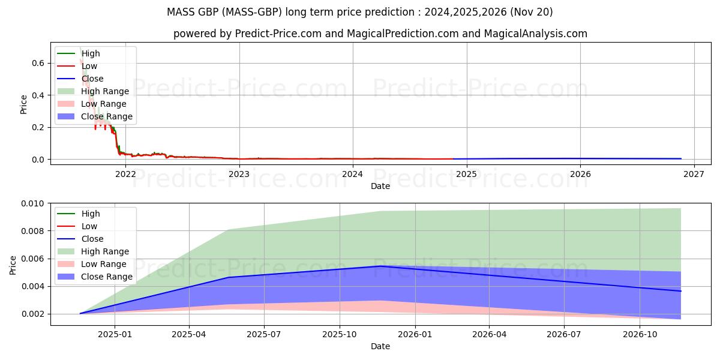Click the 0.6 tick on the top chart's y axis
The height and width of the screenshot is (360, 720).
coord(37,63)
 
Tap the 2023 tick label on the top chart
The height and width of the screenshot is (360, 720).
coord(239,175)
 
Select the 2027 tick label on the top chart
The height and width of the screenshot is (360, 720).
coord(694,175)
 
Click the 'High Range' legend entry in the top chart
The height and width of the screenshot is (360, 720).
coord(105,91)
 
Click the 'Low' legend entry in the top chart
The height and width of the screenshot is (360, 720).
coord(89,66)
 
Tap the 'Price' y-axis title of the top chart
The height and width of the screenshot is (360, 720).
coord(24,104)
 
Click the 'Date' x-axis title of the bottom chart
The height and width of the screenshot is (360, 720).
coord(380,346)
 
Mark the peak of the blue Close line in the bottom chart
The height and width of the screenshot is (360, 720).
coord(380,266)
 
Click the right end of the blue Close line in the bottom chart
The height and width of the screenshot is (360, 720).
coord(681,291)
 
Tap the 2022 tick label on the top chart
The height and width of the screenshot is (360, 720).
coord(125,175)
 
